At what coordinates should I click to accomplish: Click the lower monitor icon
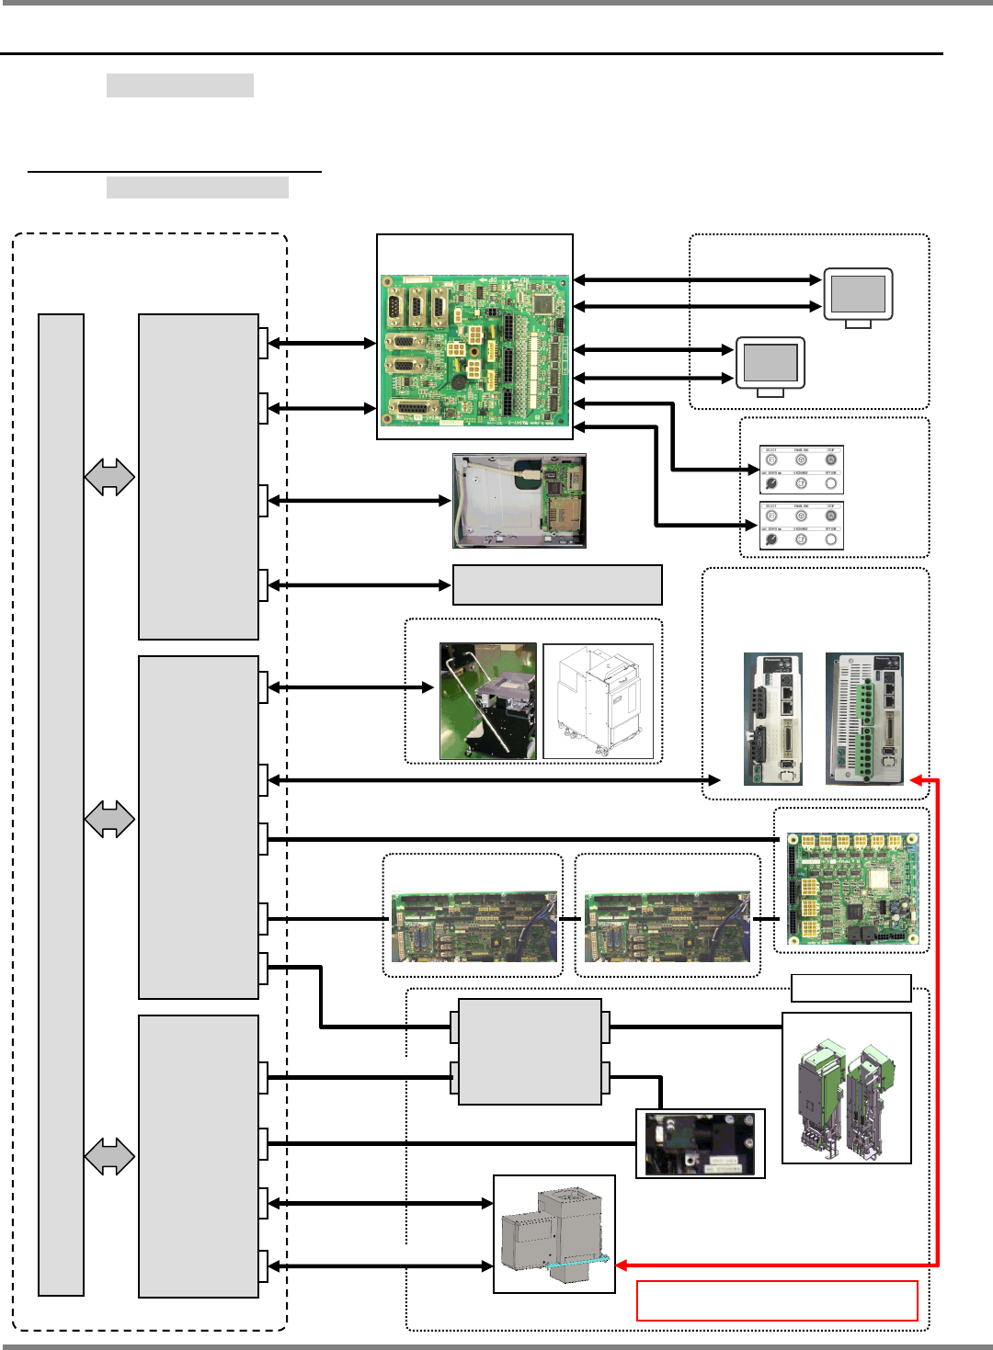(x=770, y=365)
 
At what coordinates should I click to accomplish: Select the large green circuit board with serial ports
(x=475, y=350)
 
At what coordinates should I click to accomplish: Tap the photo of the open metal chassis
(x=519, y=501)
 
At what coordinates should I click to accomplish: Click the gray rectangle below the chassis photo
(x=557, y=585)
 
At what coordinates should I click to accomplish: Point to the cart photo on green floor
(x=488, y=701)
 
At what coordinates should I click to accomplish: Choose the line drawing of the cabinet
(x=598, y=701)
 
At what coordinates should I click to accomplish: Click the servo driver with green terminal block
(x=864, y=718)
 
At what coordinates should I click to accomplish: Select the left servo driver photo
(x=772, y=718)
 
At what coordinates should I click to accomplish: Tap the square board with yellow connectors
(x=852, y=888)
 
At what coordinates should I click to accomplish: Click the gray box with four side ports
(x=530, y=1051)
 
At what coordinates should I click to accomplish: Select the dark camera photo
(x=700, y=1143)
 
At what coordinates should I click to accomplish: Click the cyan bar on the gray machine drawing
(x=576, y=1263)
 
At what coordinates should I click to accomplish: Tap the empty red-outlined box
(x=777, y=1300)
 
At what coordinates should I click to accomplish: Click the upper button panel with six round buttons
(x=801, y=470)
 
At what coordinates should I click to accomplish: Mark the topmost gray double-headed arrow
(x=109, y=477)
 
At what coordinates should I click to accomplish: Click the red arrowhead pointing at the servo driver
(x=916, y=780)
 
